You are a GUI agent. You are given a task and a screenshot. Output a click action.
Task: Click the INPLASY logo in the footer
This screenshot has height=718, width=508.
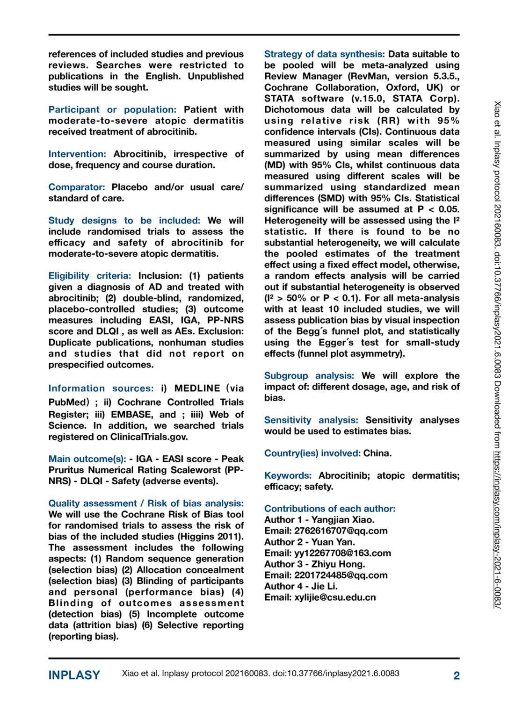(74, 675)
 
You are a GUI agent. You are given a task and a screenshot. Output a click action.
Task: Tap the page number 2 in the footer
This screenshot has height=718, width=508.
(456, 675)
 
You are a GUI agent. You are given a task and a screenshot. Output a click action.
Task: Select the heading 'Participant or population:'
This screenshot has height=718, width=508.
(112, 109)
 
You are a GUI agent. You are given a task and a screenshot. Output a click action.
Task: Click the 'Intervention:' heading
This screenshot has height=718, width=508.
(77, 154)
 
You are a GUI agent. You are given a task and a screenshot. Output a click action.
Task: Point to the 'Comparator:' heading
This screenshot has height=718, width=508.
(77, 187)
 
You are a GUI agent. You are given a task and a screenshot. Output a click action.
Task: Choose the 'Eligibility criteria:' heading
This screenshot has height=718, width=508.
(90, 276)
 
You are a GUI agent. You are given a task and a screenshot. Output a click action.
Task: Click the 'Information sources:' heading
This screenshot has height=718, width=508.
(101, 388)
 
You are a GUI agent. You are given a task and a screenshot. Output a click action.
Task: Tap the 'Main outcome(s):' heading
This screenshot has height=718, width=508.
(87, 459)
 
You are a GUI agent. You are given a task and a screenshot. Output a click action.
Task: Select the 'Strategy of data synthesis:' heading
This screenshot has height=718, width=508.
(324, 54)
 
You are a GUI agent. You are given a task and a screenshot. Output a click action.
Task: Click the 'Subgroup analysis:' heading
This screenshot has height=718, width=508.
(309, 376)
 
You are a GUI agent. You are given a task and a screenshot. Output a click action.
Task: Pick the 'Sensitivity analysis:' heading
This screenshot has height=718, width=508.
(311, 420)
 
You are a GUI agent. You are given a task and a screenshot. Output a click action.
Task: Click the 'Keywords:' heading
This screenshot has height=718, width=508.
(288, 475)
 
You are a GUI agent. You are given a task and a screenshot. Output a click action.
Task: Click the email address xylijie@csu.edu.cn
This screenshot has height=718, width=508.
(335, 597)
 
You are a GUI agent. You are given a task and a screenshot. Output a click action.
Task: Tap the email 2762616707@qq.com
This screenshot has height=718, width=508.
(341, 531)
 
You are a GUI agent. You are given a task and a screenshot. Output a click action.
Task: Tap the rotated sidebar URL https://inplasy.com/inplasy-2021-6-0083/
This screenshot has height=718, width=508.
(497, 528)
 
